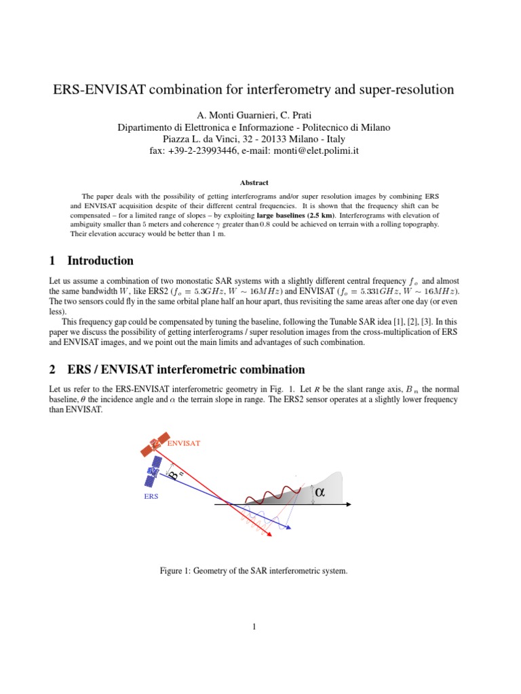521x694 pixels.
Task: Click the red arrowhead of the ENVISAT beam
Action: pos(271,535)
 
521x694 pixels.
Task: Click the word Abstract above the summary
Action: pos(254,182)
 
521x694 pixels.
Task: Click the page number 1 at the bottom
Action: pos(254,627)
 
